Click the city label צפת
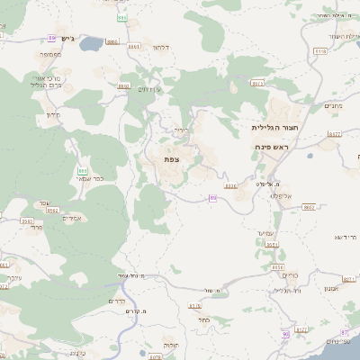[x=171, y=158]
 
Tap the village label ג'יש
[x=72, y=39]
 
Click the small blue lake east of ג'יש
[x=92, y=42]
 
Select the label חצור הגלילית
[x=274, y=129]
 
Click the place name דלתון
[x=161, y=46]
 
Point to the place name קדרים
[x=117, y=301]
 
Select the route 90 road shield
[x=285, y=333]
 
